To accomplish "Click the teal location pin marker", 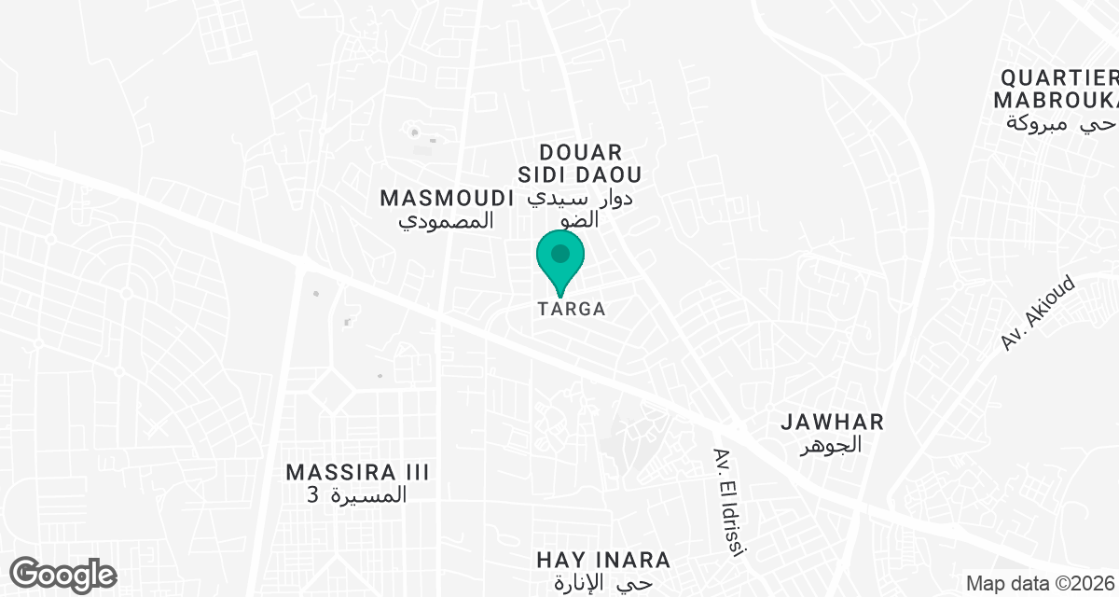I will point(560,262).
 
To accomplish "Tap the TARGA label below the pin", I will point(571,309).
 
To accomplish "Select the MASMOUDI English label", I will point(448,198).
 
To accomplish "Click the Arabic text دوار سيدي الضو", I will point(581,209).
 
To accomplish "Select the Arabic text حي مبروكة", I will point(1062,123).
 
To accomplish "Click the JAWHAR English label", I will point(832,422).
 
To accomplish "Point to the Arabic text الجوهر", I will point(832,446).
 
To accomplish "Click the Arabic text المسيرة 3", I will point(358,495).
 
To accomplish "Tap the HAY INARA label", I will point(603,560).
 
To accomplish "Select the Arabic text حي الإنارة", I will point(603,584).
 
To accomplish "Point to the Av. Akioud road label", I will point(1038,313).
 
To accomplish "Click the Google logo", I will point(63,574).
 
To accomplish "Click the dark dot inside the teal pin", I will point(560,253).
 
